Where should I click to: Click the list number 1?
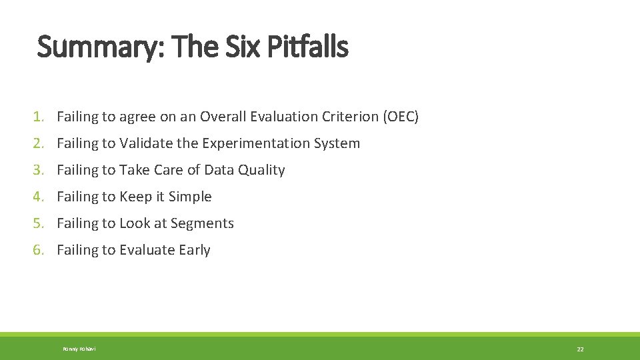pos(39,117)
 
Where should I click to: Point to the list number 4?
pos(39,197)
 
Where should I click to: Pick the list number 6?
pos(39,250)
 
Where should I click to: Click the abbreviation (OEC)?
pos(401,117)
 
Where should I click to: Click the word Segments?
pos(203,223)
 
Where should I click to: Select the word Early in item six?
pos(194,250)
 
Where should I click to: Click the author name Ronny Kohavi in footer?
pos(79,349)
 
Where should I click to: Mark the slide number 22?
pos(580,349)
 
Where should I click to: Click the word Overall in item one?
pos(223,117)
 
